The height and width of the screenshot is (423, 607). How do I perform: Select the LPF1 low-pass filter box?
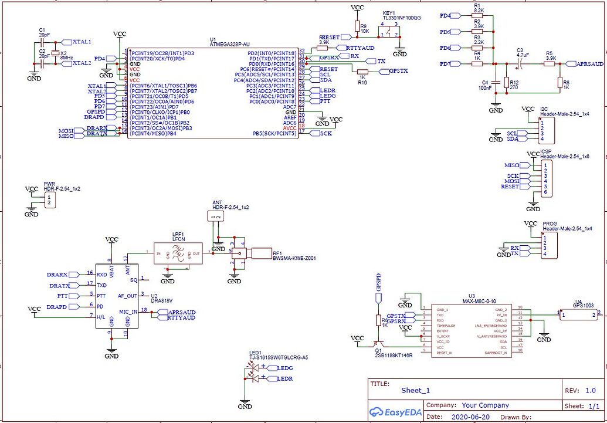point(179,252)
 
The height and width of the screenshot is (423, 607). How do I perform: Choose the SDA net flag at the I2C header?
point(513,139)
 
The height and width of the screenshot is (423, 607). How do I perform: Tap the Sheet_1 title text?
point(416,390)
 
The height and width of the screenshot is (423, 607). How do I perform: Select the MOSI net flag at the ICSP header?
point(511,181)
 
